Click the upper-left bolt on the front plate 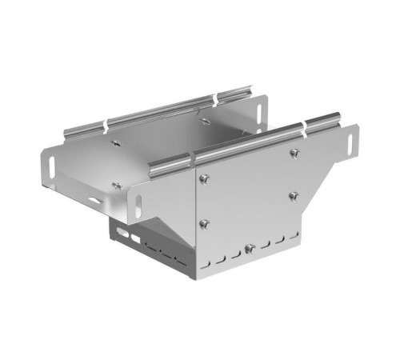tap(206, 178)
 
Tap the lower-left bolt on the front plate tap(205, 222)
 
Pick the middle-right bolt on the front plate tap(294, 194)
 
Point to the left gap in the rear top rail tap(104, 126)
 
